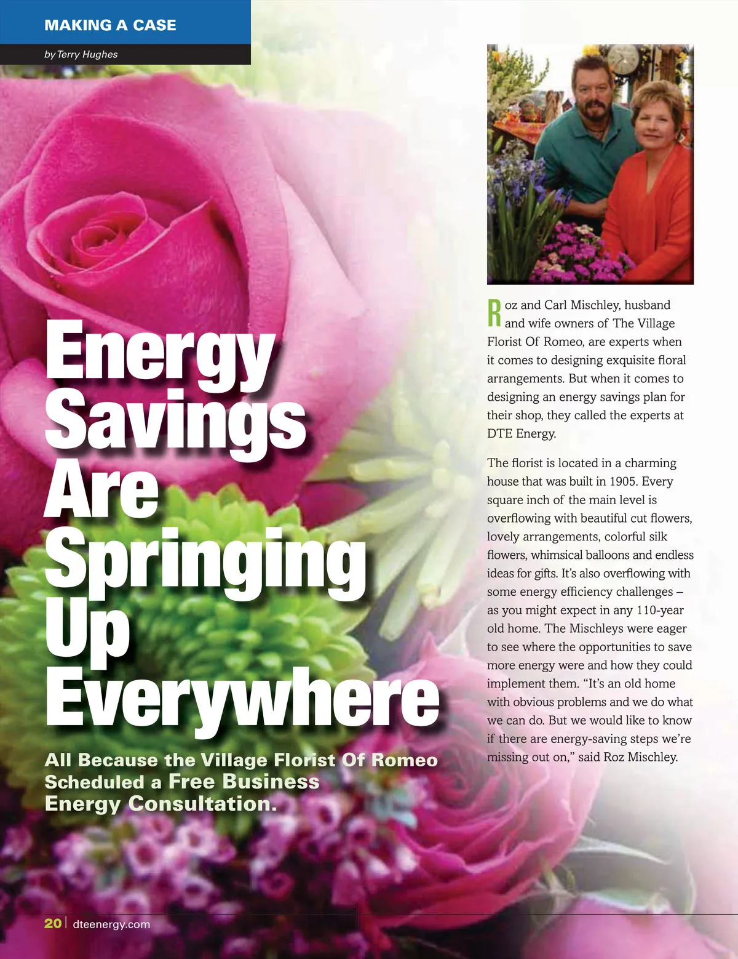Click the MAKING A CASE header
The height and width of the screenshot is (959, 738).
(x=110, y=25)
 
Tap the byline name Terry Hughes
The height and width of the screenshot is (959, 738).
(x=87, y=54)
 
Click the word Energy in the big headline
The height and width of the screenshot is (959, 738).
(x=159, y=351)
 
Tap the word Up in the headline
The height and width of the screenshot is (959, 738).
(x=87, y=631)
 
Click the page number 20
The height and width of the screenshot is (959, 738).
(x=53, y=923)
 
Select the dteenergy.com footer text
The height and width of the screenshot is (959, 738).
(x=111, y=924)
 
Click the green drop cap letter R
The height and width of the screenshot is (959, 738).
(x=494, y=313)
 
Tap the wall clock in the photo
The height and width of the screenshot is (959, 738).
(x=623, y=60)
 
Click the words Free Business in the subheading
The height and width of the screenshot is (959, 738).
(x=244, y=782)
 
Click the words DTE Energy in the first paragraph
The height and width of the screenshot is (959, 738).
(x=522, y=433)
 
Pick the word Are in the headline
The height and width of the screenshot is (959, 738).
(x=102, y=489)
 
